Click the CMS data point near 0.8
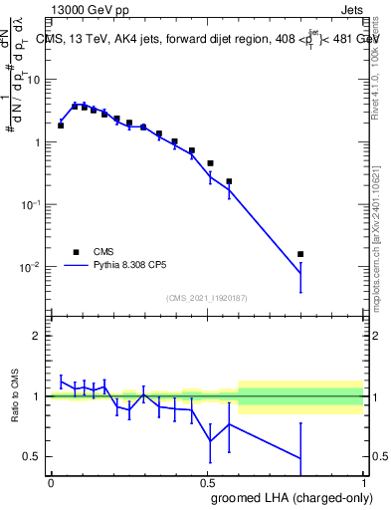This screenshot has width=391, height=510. click(x=300, y=254)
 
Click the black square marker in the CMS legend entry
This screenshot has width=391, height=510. click(x=76, y=252)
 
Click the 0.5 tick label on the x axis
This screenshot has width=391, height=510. click(x=207, y=482)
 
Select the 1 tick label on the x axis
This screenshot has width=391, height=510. click(x=363, y=482)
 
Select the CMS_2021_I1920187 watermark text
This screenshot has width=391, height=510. click(x=207, y=298)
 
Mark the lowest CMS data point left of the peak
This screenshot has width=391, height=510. click(x=61, y=126)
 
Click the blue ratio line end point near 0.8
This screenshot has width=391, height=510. click(x=300, y=458)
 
